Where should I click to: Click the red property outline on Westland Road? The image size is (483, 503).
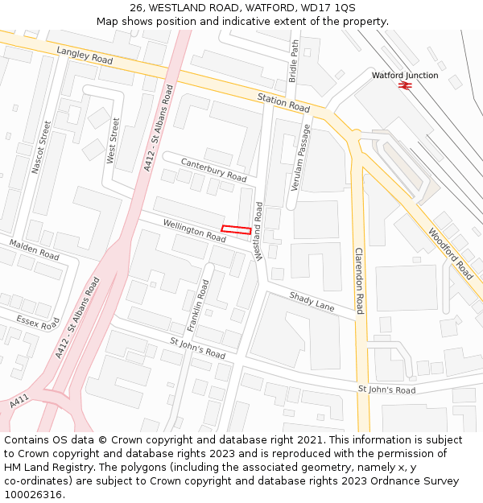[235, 229]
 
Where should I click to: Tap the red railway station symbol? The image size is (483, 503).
[405, 85]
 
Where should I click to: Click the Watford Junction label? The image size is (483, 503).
[405, 75]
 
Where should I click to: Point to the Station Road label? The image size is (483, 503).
[283, 102]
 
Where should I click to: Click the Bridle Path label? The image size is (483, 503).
[294, 60]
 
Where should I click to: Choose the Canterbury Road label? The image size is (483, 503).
[213, 169]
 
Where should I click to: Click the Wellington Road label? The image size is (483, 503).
[194, 231]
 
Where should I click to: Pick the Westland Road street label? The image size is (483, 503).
[258, 231]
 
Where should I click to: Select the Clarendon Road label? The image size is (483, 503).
[360, 281]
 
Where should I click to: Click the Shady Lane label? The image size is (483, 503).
[312, 302]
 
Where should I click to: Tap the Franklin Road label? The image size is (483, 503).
[198, 306]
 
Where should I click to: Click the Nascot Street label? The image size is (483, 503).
[41, 147]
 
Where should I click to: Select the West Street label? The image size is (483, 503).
[113, 141]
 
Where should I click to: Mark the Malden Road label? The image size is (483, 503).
[34, 249]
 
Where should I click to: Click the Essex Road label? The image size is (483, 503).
[38, 322]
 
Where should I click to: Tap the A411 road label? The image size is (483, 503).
[19, 400]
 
